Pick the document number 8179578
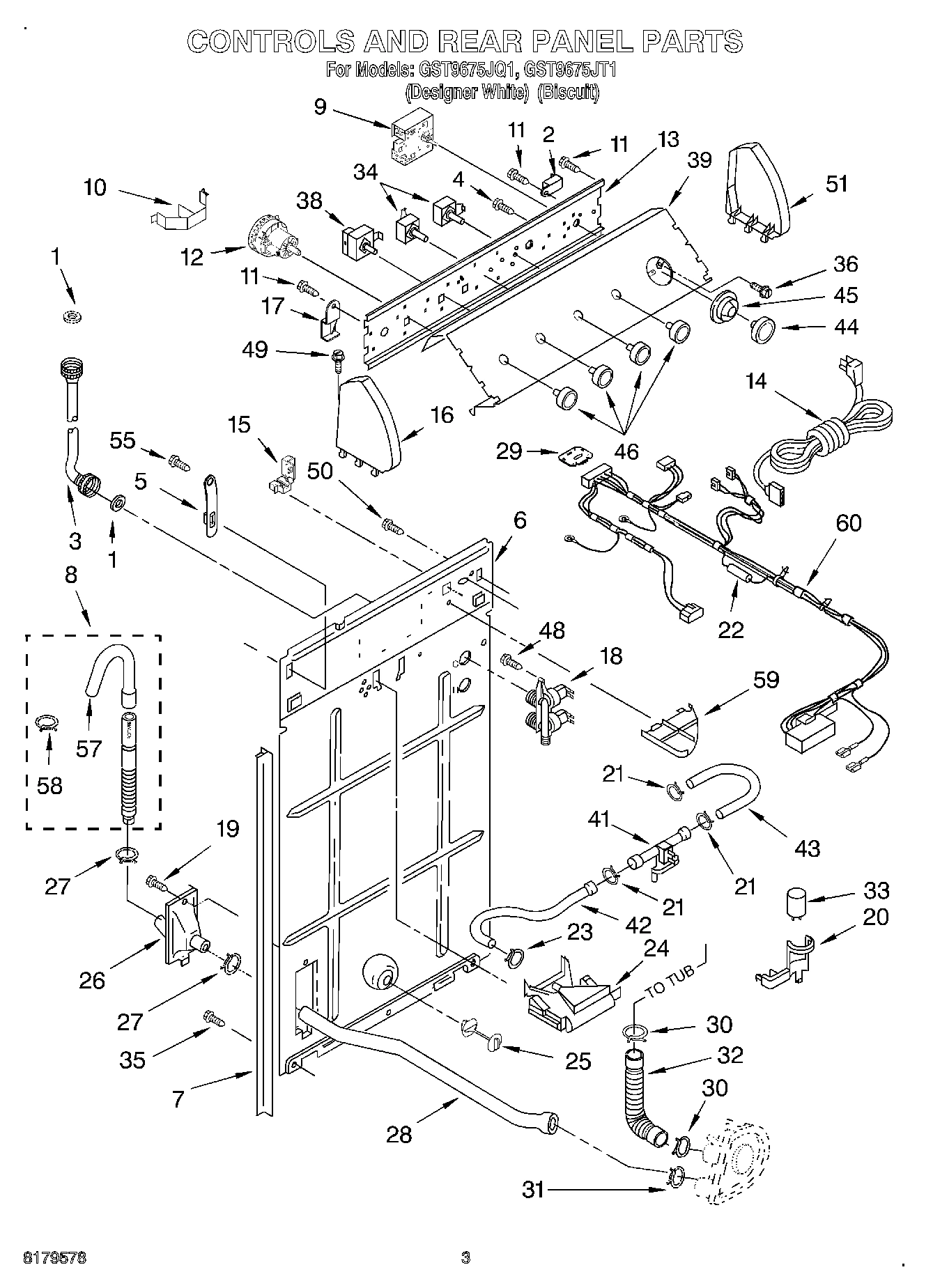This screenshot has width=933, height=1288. (55, 1257)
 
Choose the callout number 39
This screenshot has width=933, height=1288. (699, 160)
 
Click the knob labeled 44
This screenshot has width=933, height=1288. (765, 328)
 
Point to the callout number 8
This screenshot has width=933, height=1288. (71, 575)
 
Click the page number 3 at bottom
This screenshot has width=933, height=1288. (465, 1257)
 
